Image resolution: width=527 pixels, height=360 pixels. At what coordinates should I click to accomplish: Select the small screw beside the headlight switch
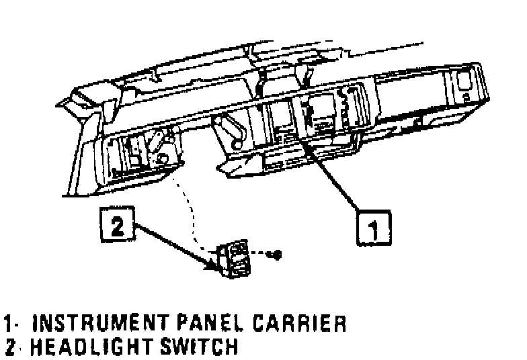pos(276,255)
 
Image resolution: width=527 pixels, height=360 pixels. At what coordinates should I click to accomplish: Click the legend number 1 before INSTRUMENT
pos(8,324)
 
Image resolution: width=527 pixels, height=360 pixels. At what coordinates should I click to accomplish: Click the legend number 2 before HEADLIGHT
pos(9,347)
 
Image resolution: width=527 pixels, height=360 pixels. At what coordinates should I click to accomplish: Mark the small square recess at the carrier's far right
pos(465,82)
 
